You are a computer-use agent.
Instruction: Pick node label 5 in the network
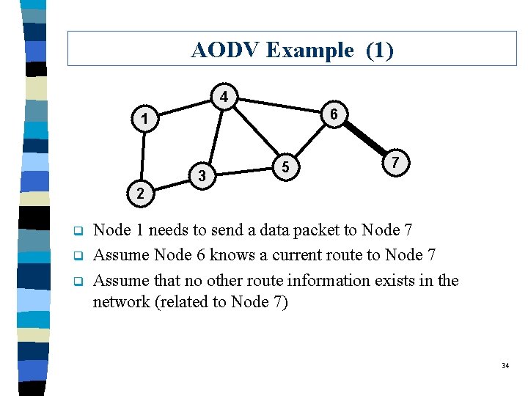[x=287, y=168]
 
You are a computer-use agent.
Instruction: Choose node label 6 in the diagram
[x=334, y=114]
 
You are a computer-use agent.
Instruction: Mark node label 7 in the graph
[x=395, y=162]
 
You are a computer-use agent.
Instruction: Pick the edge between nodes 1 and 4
[x=183, y=108]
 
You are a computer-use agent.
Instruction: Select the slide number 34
[x=505, y=365]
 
